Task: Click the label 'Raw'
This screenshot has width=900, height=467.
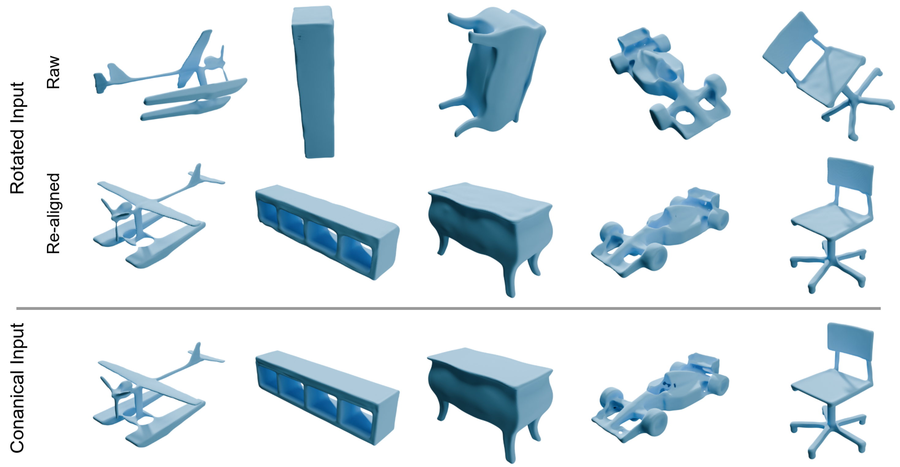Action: (54, 72)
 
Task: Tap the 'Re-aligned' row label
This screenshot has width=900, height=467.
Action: (54, 213)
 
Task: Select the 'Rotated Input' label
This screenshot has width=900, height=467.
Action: (17, 138)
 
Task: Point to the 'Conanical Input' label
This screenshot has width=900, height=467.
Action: (17, 388)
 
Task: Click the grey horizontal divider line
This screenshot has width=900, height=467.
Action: (449, 308)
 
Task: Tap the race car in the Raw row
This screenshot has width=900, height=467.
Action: (669, 84)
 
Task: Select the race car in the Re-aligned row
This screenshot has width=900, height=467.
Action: (660, 232)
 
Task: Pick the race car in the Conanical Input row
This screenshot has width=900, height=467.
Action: (660, 398)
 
